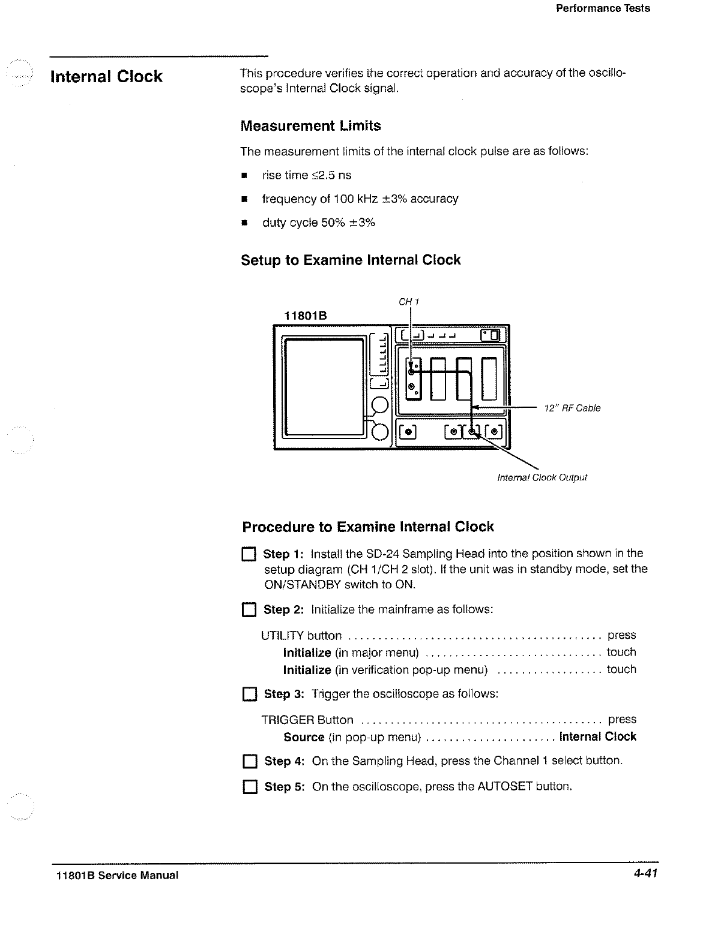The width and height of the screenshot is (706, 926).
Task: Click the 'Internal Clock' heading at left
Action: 106,77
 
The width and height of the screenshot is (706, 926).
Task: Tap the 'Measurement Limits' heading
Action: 310,126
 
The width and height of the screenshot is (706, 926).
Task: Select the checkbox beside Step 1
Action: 248,554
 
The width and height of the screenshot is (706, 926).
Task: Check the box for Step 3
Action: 248,694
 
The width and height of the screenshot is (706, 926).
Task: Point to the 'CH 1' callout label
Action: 409,302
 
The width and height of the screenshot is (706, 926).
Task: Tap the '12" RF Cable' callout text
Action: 572,408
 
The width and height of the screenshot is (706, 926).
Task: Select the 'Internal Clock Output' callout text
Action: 542,477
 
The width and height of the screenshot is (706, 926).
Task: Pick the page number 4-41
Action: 645,874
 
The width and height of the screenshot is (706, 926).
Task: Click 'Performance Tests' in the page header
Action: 603,8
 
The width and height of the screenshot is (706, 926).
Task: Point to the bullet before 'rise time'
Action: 244,176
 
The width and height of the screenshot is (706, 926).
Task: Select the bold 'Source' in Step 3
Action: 304,737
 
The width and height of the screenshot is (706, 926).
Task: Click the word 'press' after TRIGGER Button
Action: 622,719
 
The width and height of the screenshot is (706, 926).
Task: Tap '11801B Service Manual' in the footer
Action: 114,875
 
